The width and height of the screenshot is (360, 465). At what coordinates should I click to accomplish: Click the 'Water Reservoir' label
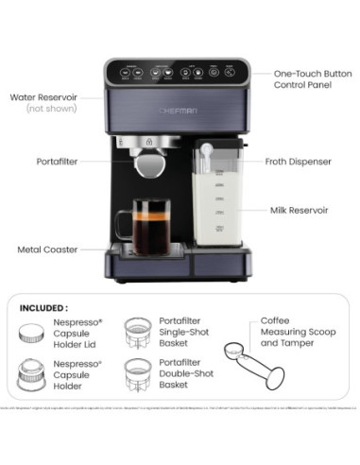[43, 96]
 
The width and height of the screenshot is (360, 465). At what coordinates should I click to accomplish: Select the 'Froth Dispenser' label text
[298, 162]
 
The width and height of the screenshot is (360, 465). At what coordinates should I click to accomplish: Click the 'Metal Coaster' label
[46, 250]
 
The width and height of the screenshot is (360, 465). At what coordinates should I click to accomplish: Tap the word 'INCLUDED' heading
[43, 307]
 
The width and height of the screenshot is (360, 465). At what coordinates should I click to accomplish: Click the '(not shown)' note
[47, 110]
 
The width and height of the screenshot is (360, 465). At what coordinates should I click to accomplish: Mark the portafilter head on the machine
[148, 162]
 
